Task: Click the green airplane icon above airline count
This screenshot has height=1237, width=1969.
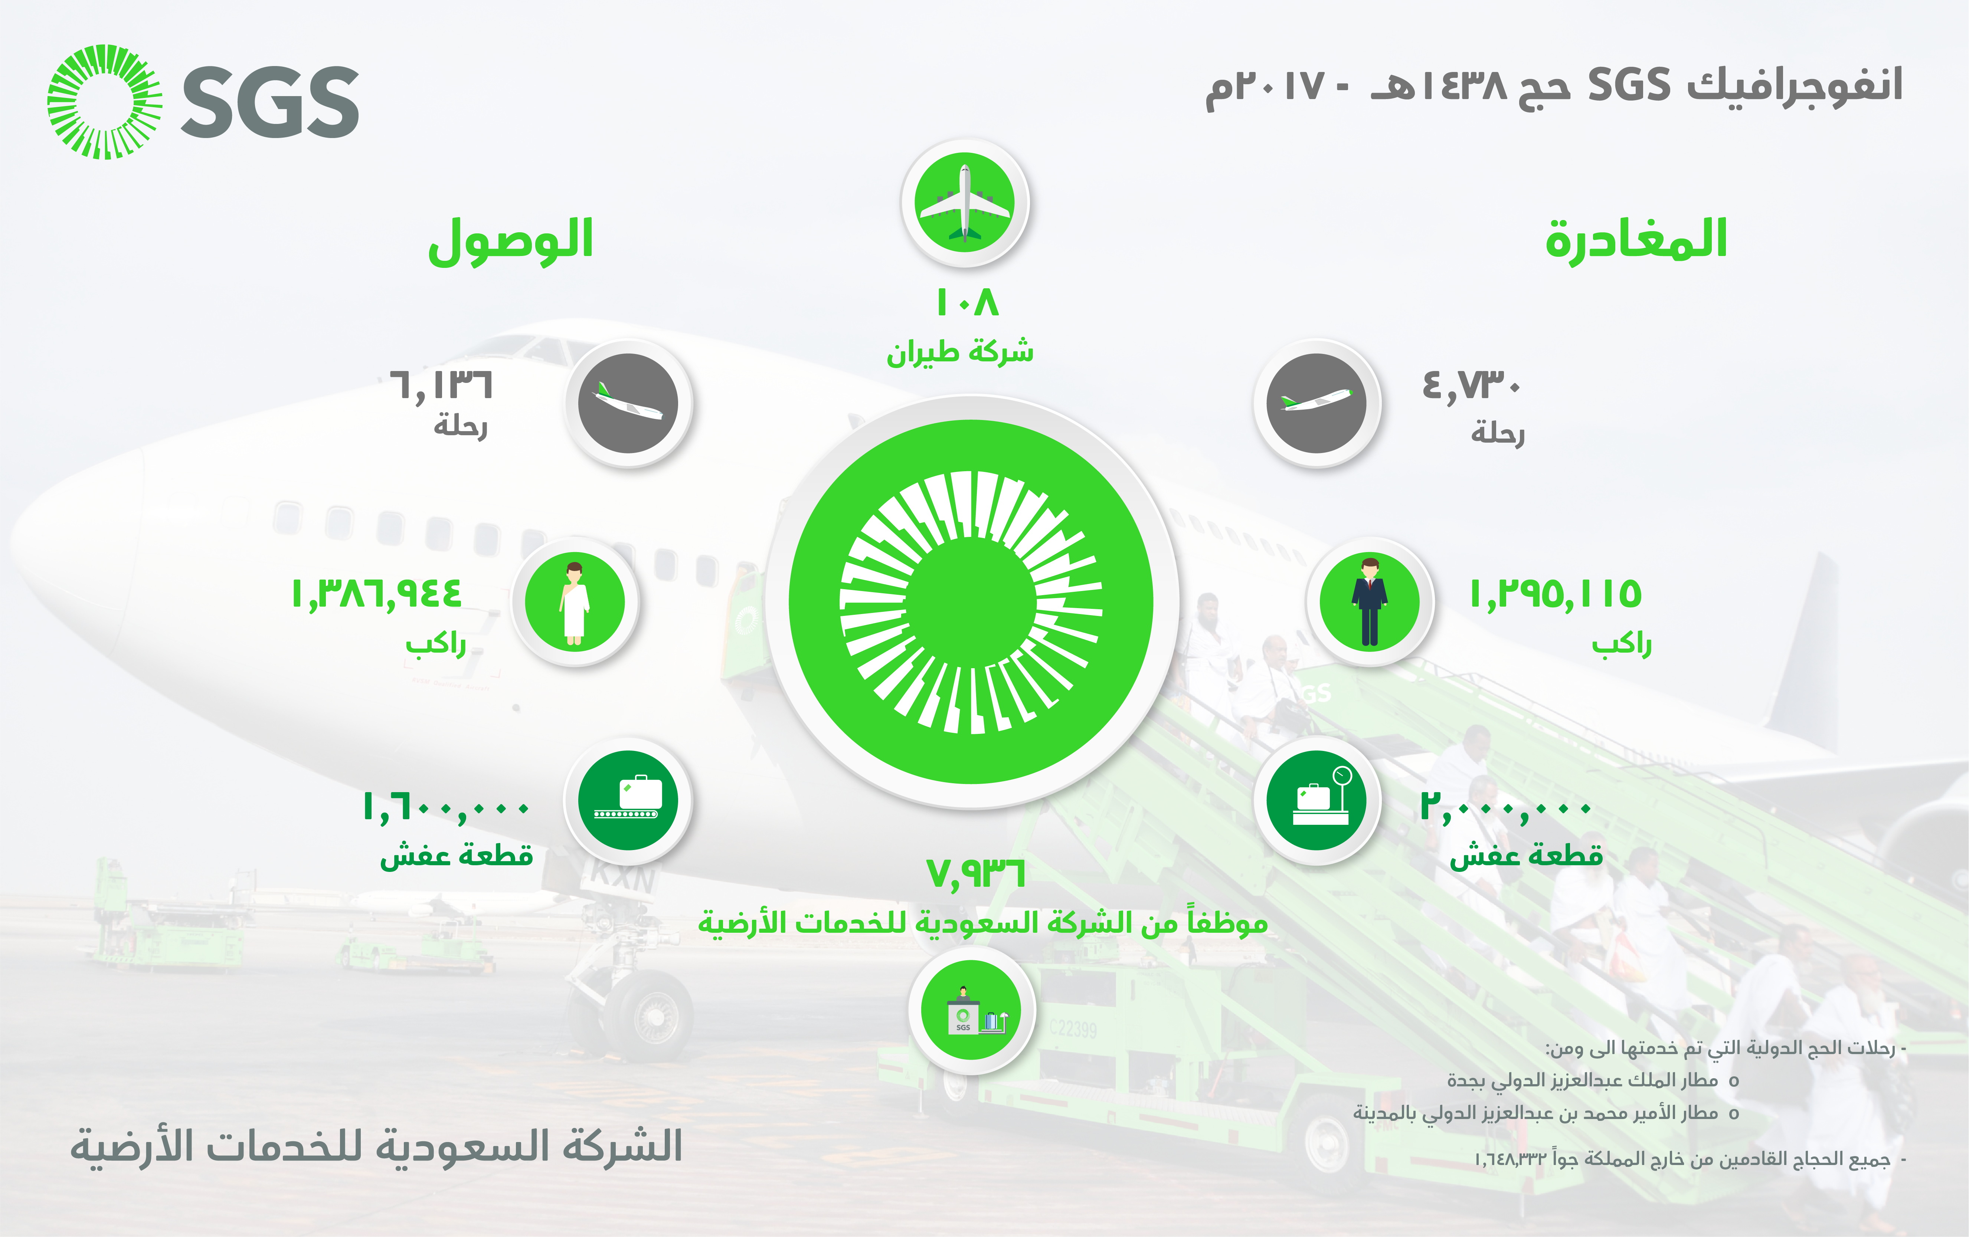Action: click(x=965, y=203)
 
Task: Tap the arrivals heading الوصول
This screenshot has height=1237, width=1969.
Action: click(x=511, y=241)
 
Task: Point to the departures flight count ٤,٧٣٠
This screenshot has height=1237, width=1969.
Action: click(x=1471, y=386)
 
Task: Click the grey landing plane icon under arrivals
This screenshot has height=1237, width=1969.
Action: click(x=628, y=403)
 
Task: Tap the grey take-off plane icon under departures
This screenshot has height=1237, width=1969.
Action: click(x=1317, y=403)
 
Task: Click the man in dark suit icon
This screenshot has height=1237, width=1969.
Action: click(x=1370, y=602)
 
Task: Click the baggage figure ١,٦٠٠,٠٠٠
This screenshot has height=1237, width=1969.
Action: click(x=447, y=808)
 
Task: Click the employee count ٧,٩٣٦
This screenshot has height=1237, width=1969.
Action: click(x=975, y=873)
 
